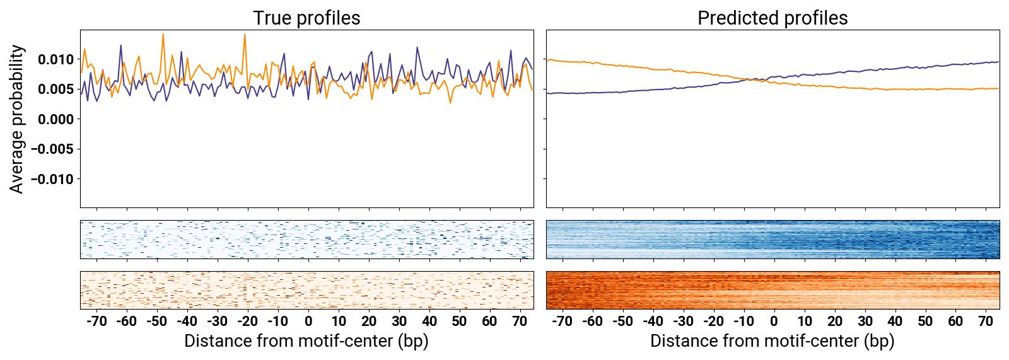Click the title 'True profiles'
[306, 18]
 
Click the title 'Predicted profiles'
[773, 18]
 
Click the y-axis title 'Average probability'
[17, 119]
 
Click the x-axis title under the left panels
[306, 341]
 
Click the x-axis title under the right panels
[773, 341]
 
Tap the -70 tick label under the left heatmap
[96, 321]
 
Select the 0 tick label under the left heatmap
[308, 321]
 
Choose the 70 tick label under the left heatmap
[520, 321]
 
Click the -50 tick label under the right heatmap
[622, 321]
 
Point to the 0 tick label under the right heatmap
[774, 321]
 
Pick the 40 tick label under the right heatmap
[895, 321]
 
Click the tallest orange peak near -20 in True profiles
[245, 35]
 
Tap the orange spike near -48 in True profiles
[163, 35]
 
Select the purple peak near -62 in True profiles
[121, 45]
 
